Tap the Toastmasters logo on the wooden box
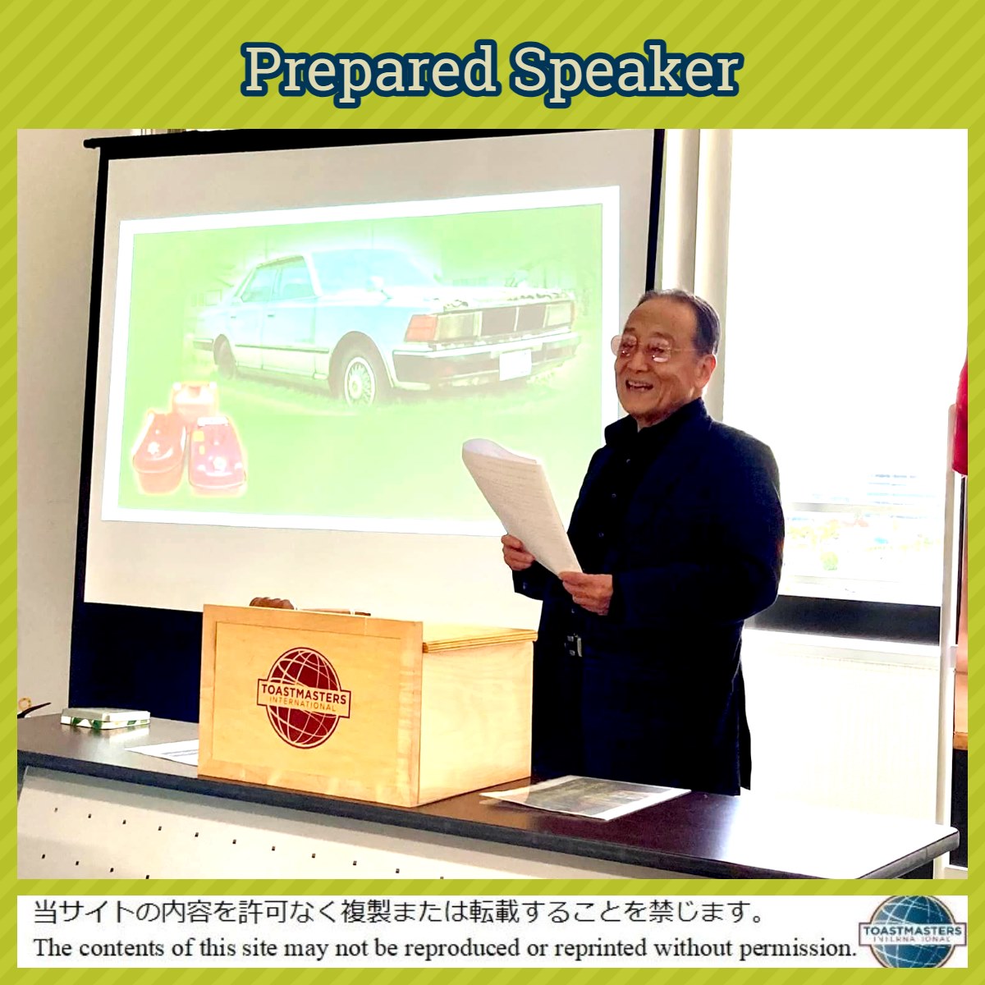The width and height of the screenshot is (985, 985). click(304, 699)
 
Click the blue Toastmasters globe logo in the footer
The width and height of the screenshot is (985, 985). click(913, 932)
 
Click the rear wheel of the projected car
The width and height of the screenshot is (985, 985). click(225, 357)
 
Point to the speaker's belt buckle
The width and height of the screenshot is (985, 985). click(574, 646)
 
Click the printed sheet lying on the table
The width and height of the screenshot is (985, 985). click(586, 796)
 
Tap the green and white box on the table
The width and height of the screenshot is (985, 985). click(105, 717)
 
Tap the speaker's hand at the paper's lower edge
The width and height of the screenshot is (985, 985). click(588, 592)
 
